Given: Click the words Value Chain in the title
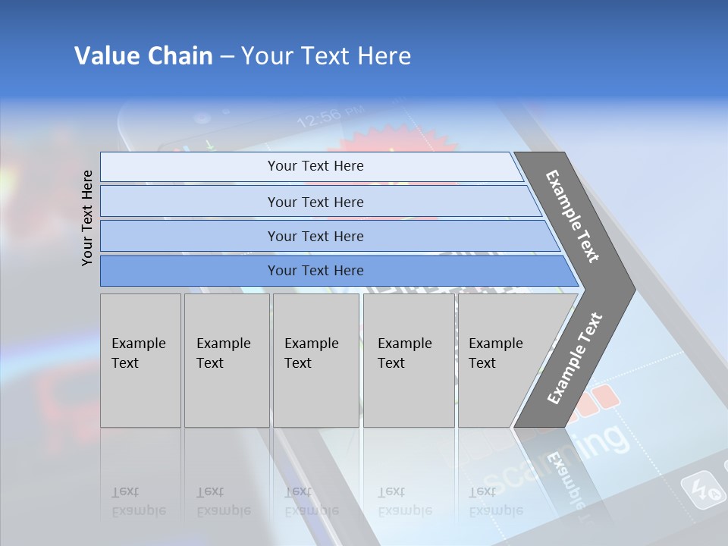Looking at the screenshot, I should pyautogui.click(x=143, y=56).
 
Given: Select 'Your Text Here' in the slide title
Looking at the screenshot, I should pyautogui.click(x=326, y=56).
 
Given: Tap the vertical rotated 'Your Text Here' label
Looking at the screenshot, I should pyautogui.click(x=87, y=218).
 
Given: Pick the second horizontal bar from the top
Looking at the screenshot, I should pyautogui.click(x=315, y=202).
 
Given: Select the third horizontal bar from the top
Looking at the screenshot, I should pyautogui.click(x=315, y=236).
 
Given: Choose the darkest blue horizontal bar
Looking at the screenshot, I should pyautogui.click(x=315, y=271).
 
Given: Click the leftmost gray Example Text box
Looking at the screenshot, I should pyautogui.click(x=140, y=360).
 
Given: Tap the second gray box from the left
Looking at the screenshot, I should pyautogui.click(x=226, y=360).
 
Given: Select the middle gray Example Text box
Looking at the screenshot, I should pyautogui.click(x=315, y=360).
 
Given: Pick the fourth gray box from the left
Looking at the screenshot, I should pyautogui.click(x=408, y=360).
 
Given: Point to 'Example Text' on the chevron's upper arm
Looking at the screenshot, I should pyautogui.click(x=573, y=216).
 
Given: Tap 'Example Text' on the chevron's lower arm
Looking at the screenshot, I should pyautogui.click(x=575, y=358).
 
